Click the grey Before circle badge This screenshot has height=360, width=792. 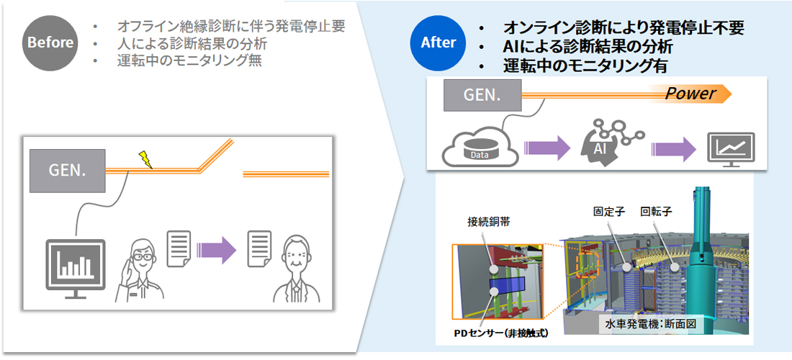pyautogui.click(x=50, y=42)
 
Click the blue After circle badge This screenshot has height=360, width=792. pyautogui.click(x=438, y=42)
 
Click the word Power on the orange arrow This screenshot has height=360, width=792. pyautogui.click(x=689, y=94)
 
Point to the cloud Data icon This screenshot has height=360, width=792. pyautogui.click(x=477, y=149)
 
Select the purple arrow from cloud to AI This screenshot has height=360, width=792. pyautogui.click(x=540, y=148)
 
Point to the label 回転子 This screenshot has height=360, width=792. pyautogui.click(x=656, y=212)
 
